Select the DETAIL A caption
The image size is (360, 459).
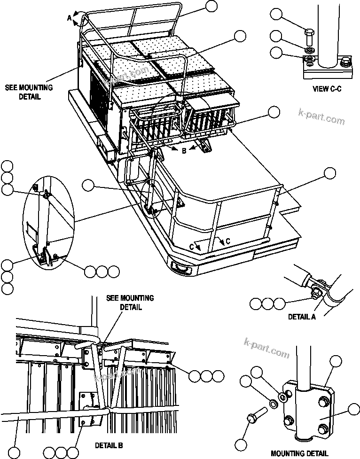tap(302, 317)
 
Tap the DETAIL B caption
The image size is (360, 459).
tap(110, 444)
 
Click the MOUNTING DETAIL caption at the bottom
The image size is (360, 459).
tap(299, 453)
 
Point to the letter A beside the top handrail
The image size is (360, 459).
tap(69, 18)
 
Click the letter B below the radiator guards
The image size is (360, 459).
tap(184, 151)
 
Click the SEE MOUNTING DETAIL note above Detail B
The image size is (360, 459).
tap(130, 303)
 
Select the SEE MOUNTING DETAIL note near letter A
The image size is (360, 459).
tap(29, 92)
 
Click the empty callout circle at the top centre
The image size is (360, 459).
tap(211, 6)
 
